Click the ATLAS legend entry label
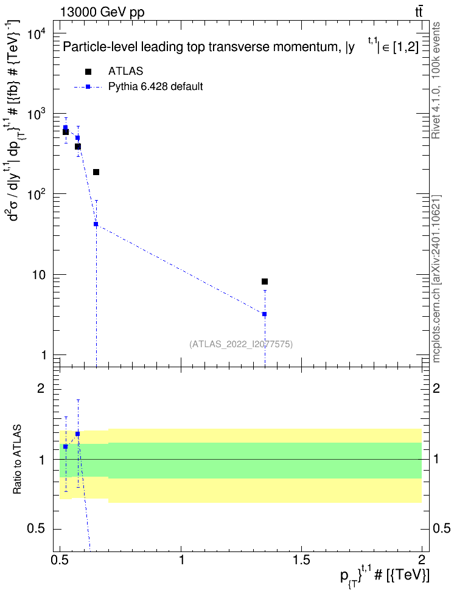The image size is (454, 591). [x=125, y=71]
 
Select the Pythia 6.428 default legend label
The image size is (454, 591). [x=155, y=86]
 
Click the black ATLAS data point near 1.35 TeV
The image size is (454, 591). [x=265, y=282]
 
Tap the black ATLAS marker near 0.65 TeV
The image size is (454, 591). [x=96, y=172]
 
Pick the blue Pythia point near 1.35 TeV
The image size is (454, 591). [x=265, y=314]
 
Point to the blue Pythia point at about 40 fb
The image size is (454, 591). [x=96, y=224]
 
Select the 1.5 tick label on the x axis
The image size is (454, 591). [x=301, y=559]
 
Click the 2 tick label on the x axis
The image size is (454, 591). [x=422, y=559]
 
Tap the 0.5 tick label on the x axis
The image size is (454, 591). [x=60, y=559]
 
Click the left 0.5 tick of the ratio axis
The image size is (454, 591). [x=36, y=529]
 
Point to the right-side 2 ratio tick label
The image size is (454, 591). [x=436, y=388]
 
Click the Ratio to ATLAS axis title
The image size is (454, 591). [x=17, y=460]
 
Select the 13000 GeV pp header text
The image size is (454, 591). [x=102, y=12]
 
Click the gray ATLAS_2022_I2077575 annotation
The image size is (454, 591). [x=241, y=344]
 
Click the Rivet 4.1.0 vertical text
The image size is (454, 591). [x=436, y=80]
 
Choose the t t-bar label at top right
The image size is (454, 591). [x=419, y=12]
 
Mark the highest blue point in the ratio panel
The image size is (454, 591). [x=78, y=434]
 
